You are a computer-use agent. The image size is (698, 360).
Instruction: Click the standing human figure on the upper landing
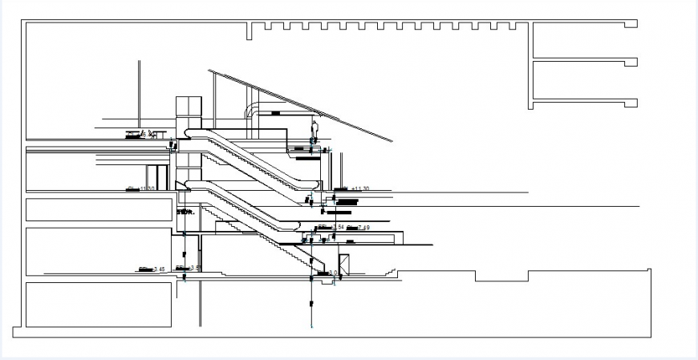(314, 131)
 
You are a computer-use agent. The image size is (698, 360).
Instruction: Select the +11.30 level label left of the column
(141, 188)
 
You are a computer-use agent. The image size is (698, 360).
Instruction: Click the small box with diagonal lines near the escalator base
(345, 265)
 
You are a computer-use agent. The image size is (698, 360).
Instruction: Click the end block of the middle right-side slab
(632, 62)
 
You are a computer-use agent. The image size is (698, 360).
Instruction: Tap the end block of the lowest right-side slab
(632, 103)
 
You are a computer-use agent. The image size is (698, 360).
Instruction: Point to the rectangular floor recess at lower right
(501, 276)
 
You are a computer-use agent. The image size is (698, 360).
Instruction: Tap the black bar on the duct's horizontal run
(276, 113)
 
